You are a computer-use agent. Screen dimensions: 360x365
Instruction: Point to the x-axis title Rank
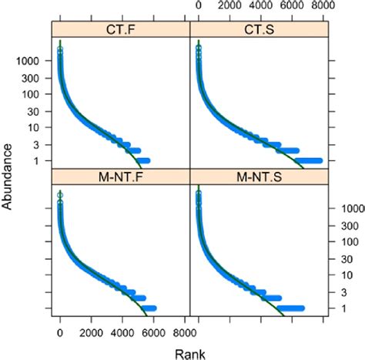(189, 352)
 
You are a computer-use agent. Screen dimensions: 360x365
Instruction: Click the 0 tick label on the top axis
(199, 5)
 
